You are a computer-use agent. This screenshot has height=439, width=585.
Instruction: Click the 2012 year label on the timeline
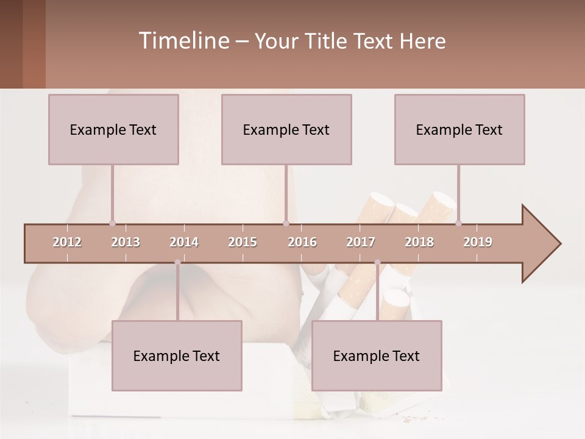[x=67, y=242]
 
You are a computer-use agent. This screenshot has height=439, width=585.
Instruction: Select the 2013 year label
[x=126, y=242]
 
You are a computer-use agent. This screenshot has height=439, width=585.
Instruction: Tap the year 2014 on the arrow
[x=184, y=242]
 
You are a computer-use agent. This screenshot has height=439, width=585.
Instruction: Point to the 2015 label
[x=243, y=242]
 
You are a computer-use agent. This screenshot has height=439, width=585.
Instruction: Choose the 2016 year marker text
[x=302, y=242]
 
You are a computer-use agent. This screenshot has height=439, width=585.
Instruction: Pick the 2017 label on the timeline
[x=361, y=242]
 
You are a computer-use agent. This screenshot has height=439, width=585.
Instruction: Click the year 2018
[x=419, y=242]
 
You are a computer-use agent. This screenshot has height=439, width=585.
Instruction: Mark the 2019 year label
[x=478, y=242]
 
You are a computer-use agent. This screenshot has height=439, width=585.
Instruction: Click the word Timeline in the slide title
[x=183, y=41]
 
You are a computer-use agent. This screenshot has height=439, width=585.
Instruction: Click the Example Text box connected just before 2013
[x=113, y=129]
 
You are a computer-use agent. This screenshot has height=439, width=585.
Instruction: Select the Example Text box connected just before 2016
[x=286, y=129]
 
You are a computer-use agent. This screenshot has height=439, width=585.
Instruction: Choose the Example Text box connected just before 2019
[x=459, y=129]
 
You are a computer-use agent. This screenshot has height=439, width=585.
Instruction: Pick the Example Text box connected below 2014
[x=177, y=355]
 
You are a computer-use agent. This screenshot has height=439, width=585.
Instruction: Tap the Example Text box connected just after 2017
[x=377, y=355]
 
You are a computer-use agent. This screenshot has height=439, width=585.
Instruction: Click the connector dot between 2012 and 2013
[x=112, y=223]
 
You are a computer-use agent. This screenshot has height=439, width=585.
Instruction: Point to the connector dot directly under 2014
[x=177, y=262]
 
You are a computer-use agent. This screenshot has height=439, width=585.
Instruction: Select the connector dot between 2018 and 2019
[x=458, y=223]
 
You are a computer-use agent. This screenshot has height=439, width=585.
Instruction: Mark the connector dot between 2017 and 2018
[x=377, y=262]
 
